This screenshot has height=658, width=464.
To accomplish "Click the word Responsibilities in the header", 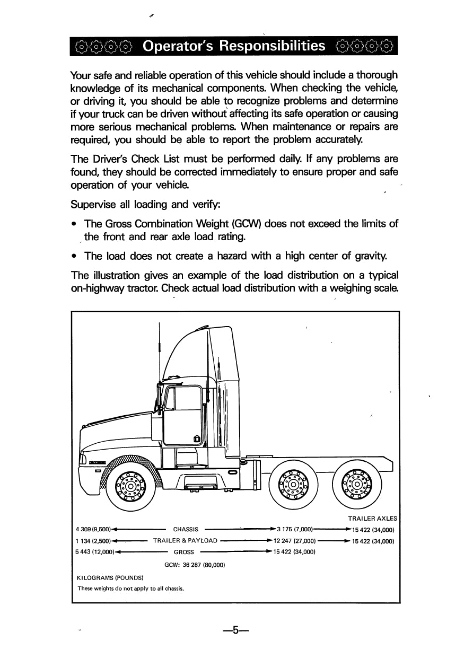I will click(x=273, y=47).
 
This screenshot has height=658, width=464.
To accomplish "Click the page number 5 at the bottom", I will click(x=236, y=631).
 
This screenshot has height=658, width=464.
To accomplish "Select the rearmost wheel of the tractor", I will click(x=355, y=482).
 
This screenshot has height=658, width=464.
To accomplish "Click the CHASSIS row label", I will click(x=186, y=529).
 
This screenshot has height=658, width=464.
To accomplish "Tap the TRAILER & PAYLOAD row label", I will click(x=185, y=541).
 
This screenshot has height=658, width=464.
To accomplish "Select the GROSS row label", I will click(x=183, y=552).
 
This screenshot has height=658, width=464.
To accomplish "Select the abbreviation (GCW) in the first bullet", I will click(x=246, y=224).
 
